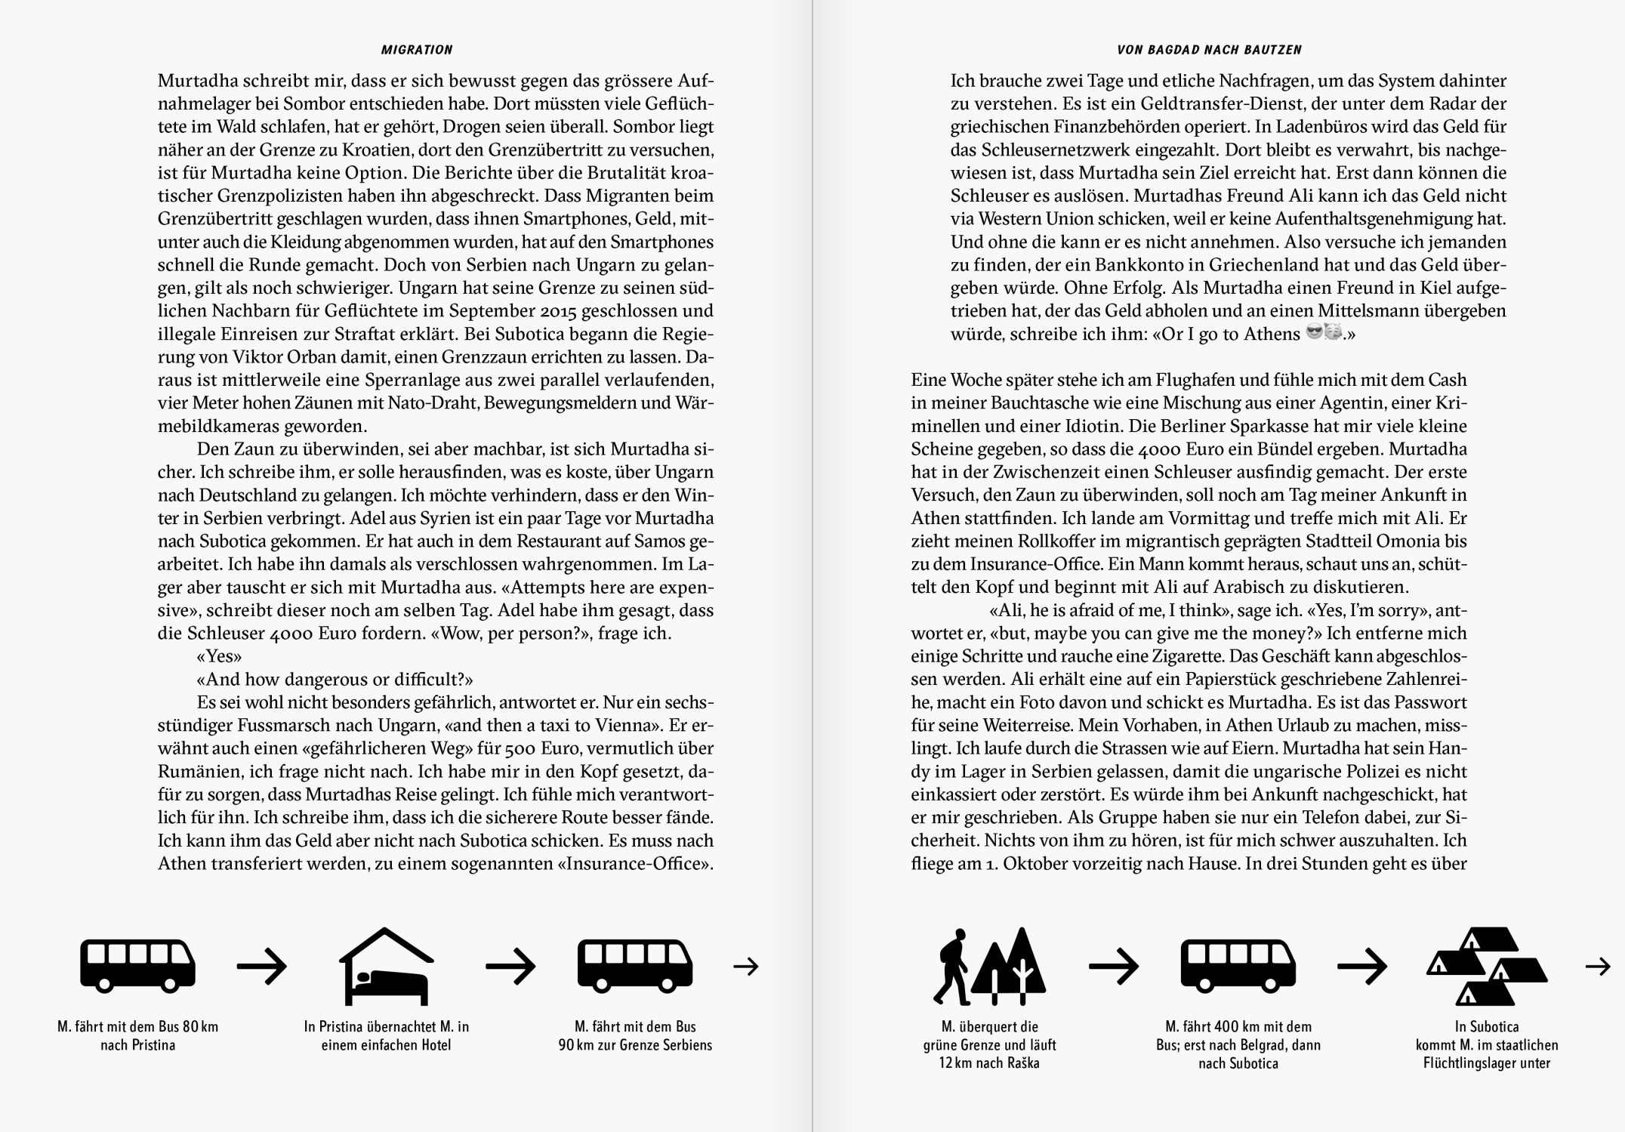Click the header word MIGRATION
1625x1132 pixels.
click(417, 50)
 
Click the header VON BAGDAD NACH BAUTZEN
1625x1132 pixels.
click(1210, 50)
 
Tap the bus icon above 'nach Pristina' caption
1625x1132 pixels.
click(137, 965)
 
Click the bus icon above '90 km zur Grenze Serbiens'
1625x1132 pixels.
click(635, 965)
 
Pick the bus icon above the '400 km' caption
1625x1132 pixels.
click(1238, 965)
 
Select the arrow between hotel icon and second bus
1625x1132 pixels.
click(510, 966)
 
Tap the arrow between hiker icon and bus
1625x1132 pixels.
click(1113, 966)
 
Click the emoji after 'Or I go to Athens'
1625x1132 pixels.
click(1323, 333)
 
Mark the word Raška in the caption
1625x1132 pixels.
click(1020, 1063)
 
